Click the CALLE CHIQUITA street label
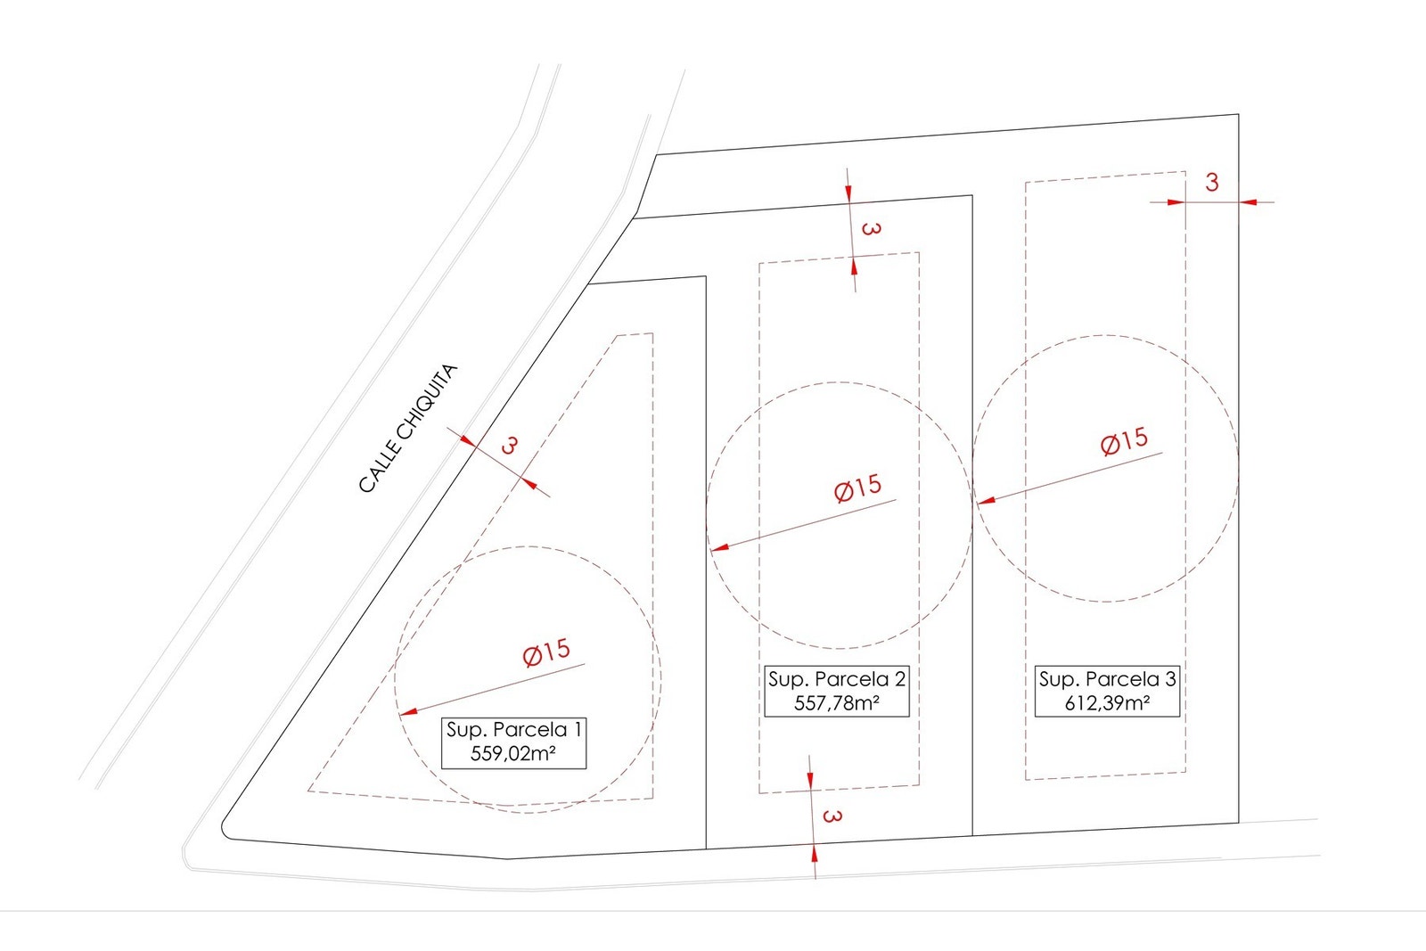point(408,429)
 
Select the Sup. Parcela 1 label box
point(513,742)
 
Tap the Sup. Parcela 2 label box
point(837,692)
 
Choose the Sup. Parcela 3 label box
point(1107,692)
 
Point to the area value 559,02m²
point(513,754)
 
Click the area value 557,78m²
point(837,702)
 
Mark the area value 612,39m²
point(1107,702)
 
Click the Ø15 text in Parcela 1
point(546,652)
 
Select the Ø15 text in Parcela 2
point(857,488)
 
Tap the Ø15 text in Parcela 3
point(1124,440)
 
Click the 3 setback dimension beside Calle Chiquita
point(509,446)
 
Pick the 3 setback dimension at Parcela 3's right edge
point(1212,183)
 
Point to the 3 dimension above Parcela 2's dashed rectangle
point(872,228)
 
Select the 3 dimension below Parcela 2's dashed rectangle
point(832,816)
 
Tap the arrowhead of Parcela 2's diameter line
point(719,547)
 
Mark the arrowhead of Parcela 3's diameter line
point(986,500)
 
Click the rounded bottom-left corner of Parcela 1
point(225,832)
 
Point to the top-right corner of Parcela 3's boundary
point(1238,115)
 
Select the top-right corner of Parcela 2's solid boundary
point(972,195)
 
